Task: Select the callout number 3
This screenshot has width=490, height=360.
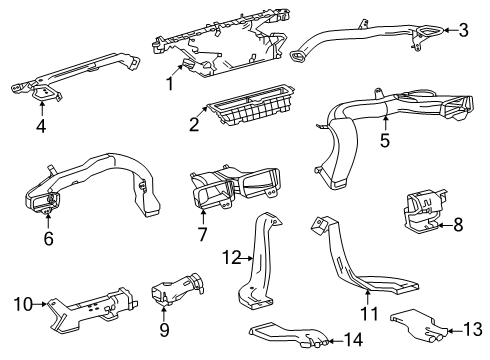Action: [463, 30]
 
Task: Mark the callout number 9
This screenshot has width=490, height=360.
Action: [164, 327]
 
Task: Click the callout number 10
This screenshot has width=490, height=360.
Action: [21, 300]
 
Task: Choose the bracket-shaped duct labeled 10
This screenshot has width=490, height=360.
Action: [90, 303]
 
